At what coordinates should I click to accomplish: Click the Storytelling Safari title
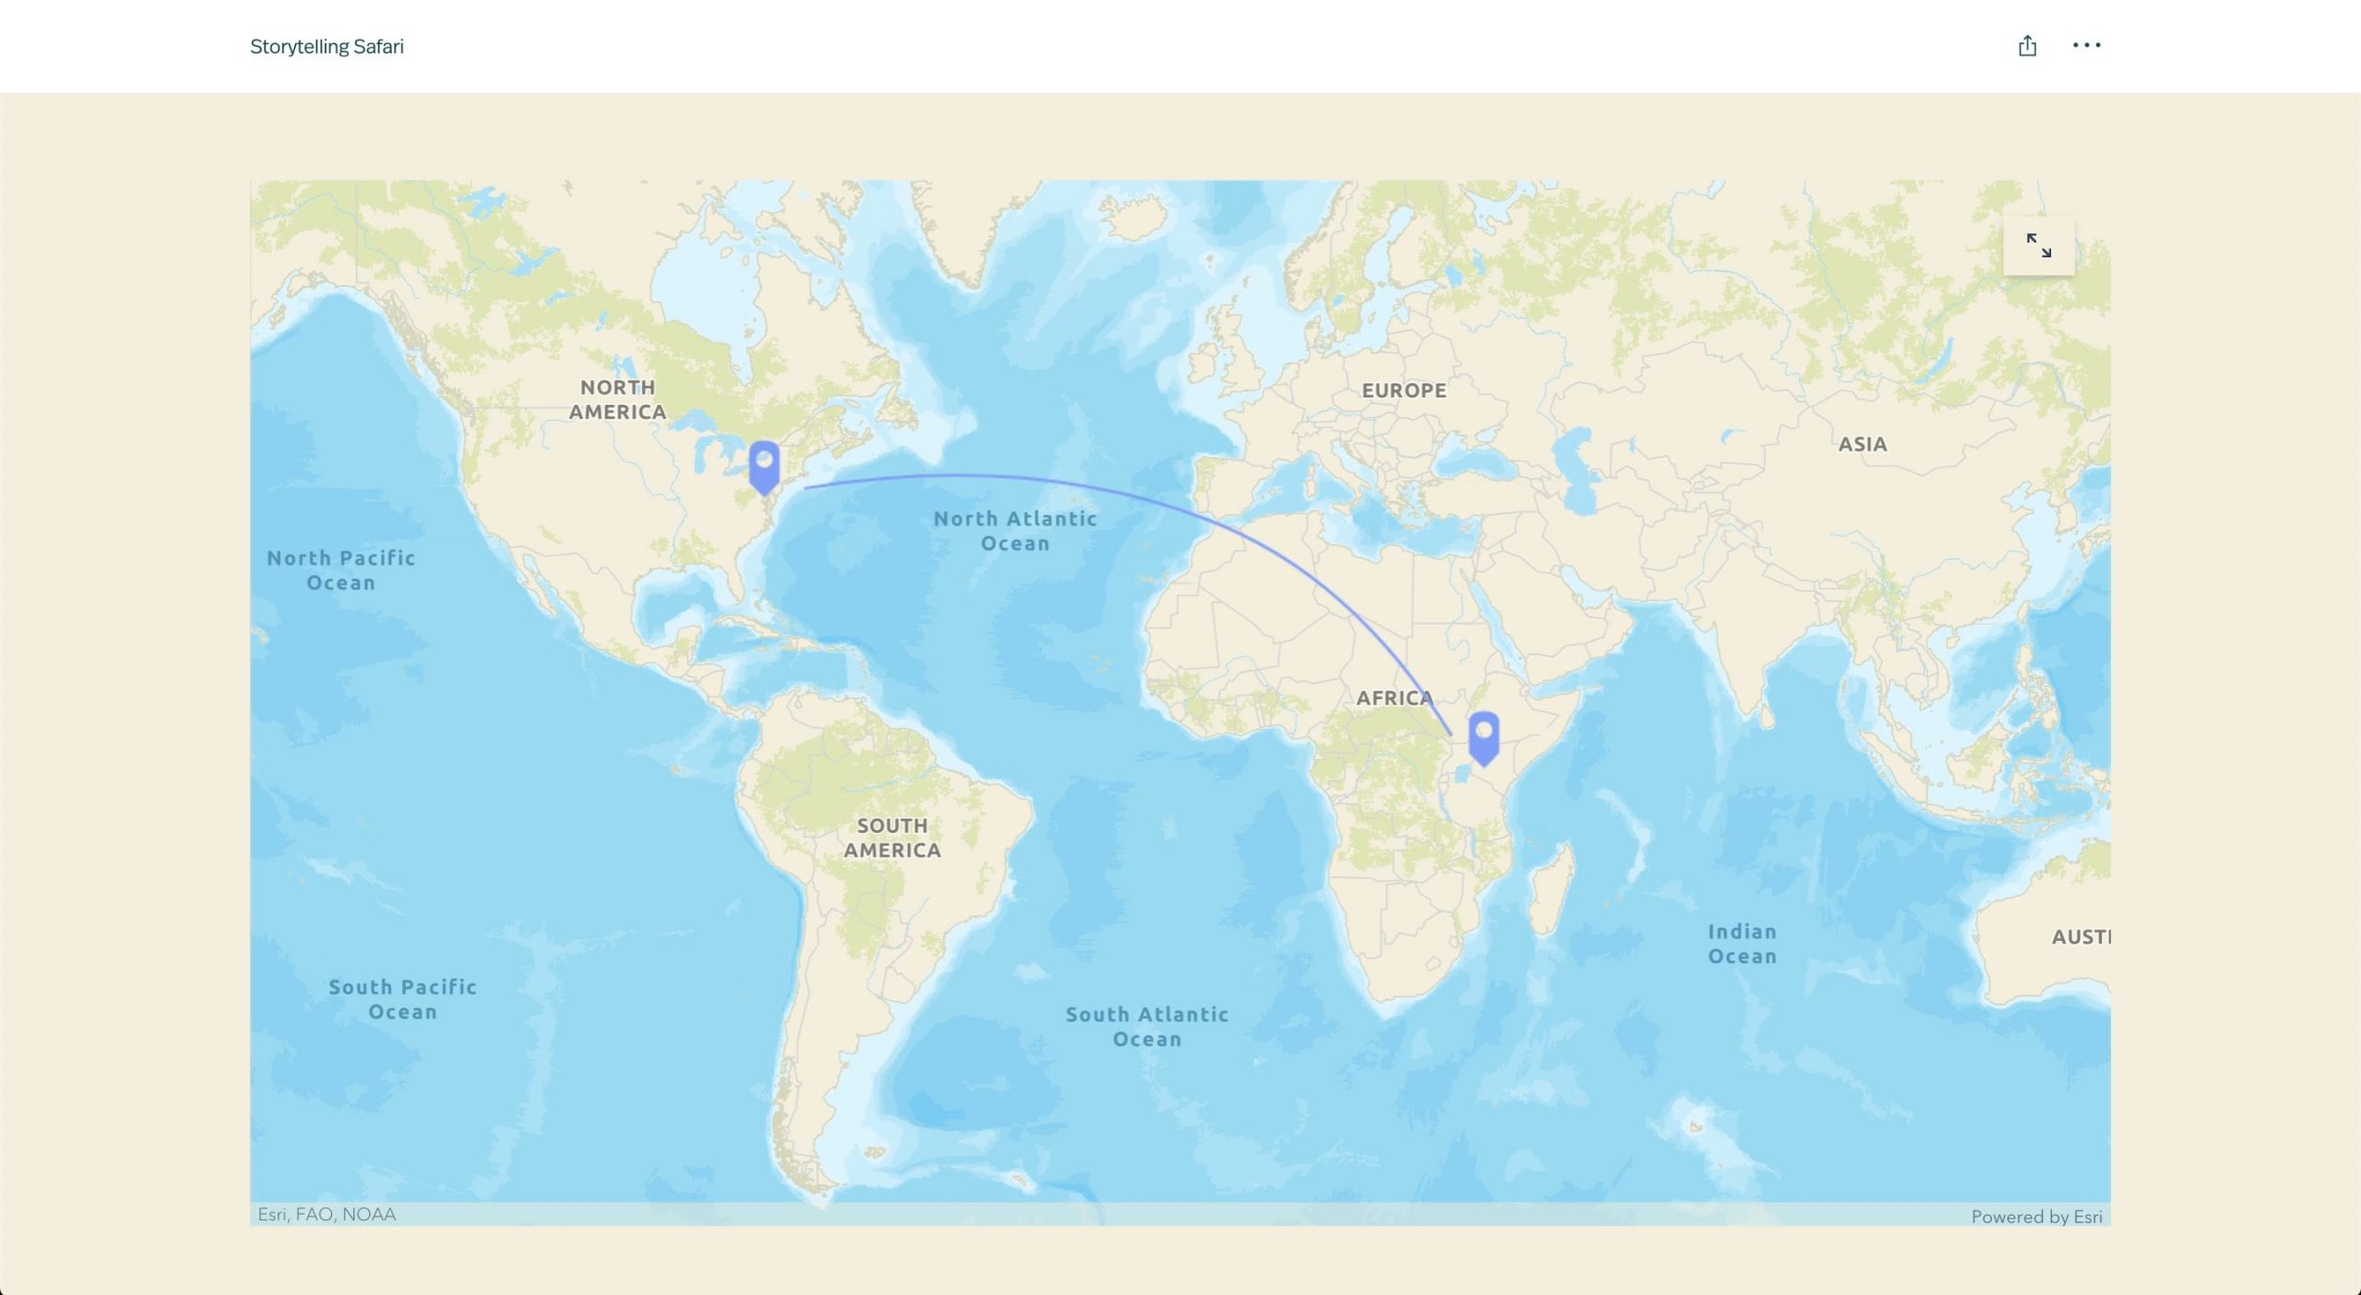[x=326, y=46]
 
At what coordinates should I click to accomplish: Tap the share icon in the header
[x=2026, y=46]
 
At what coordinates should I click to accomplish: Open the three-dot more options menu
[x=2086, y=45]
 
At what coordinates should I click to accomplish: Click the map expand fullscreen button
[x=2038, y=245]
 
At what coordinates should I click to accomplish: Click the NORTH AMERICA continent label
[x=617, y=399]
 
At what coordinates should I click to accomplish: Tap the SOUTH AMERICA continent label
[x=892, y=838]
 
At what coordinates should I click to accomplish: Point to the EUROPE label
[x=1404, y=390]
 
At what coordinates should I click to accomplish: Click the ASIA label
[x=1862, y=445]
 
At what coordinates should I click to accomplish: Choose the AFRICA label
[x=1394, y=698]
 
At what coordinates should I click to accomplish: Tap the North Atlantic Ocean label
[x=1014, y=531]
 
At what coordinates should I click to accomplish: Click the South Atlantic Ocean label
[x=1146, y=1027]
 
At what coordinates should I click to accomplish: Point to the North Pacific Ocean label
[x=340, y=570]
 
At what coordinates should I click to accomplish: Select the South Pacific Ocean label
[x=402, y=999]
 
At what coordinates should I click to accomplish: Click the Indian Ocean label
[x=1741, y=944]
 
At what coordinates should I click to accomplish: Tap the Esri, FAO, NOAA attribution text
[x=326, y=1215]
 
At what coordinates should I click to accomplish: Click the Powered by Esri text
[x=2036, y=1217]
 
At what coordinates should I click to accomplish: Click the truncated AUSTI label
[x=2080, y=937]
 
